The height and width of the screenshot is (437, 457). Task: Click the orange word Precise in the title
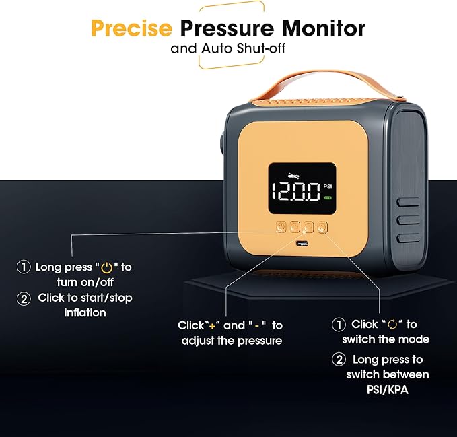(x=131, y=28)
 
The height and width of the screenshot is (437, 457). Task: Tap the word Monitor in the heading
(x=324, y=28)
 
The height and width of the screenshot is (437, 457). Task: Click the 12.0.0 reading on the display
(x=296, y=192)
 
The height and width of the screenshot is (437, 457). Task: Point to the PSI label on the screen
(x=328, y=187)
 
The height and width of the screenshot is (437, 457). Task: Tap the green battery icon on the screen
(x=328, y=198)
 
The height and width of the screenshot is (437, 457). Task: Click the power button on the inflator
(x=281, y=227)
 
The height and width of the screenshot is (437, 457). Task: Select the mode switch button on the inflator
(x=322, y=227)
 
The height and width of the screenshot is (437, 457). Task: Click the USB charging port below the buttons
(x=302, y=243)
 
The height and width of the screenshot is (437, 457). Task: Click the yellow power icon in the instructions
(x=106, y=267)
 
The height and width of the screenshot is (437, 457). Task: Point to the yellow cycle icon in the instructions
(x=392, y=325)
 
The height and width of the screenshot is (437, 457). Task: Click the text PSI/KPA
(x=388, y=390)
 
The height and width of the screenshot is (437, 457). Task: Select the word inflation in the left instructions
(x=85, y=313)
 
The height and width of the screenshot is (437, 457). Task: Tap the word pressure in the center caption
(x=260, y=341)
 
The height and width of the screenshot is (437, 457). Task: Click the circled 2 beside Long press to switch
(x=339, y=360)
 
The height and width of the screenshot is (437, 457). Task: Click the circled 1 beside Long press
(x=24, y=267)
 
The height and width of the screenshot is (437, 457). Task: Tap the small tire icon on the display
(x=293, y=176)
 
